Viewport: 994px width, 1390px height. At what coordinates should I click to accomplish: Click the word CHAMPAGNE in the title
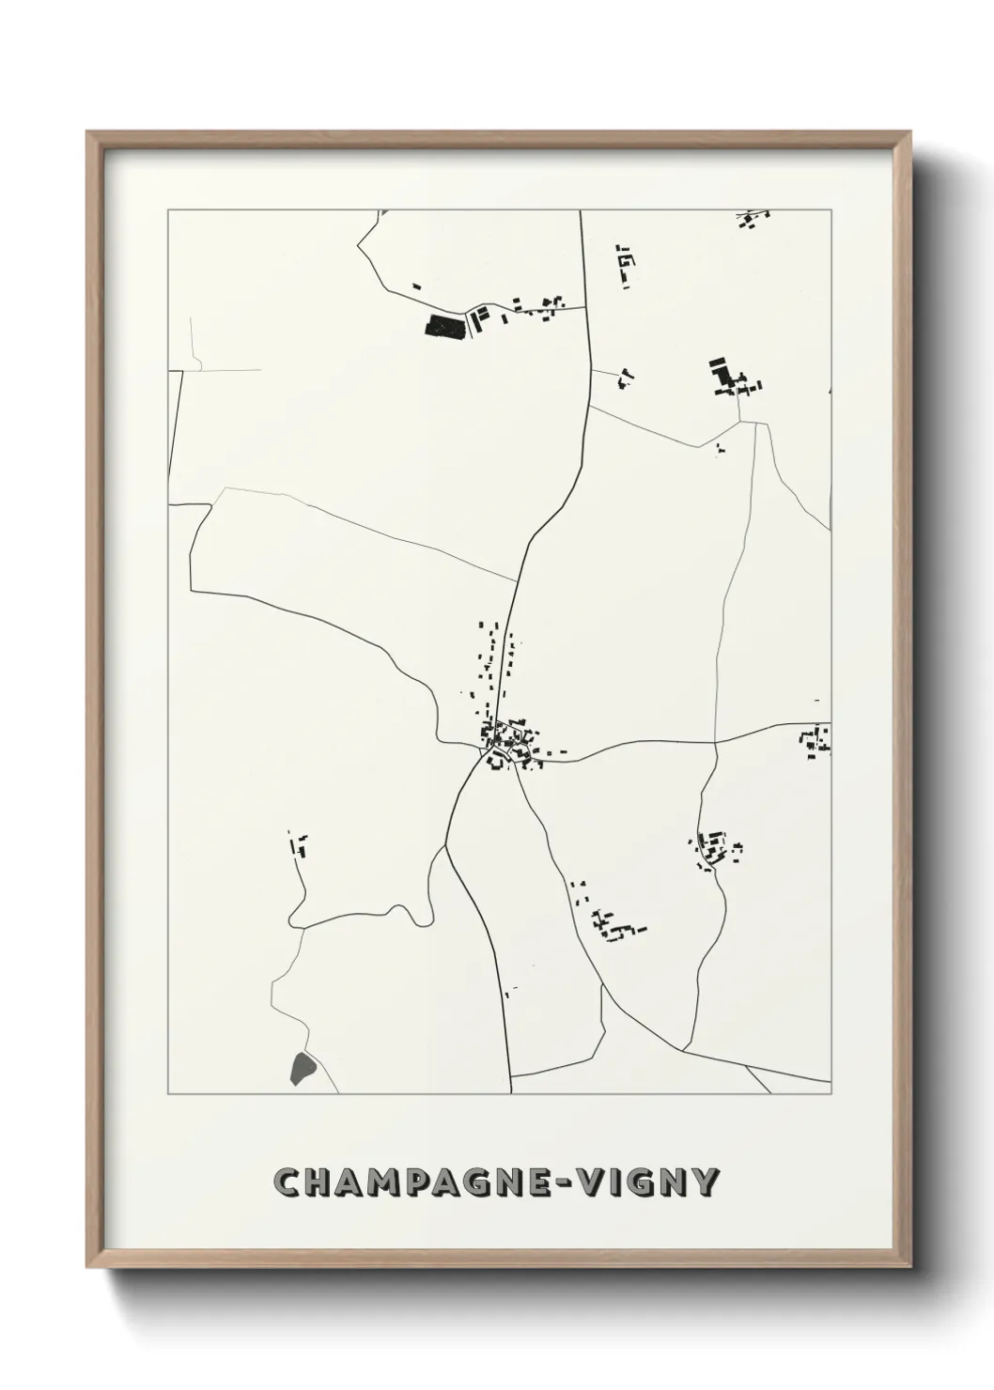point(405,1182)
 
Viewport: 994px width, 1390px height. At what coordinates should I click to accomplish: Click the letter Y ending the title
point(707,1182)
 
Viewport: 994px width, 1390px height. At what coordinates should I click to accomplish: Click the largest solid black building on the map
point(445,326)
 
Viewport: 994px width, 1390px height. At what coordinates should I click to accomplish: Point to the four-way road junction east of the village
point(715,742)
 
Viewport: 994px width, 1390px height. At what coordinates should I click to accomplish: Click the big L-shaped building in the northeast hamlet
point(722,375)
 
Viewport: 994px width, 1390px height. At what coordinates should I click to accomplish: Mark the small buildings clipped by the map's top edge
point(752,219)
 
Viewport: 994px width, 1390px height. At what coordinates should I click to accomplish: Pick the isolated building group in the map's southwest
point(301,844)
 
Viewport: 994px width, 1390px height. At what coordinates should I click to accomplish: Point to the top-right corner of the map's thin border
point(831,210)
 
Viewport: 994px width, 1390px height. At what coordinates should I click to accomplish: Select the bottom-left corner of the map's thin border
point(168,1094)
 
